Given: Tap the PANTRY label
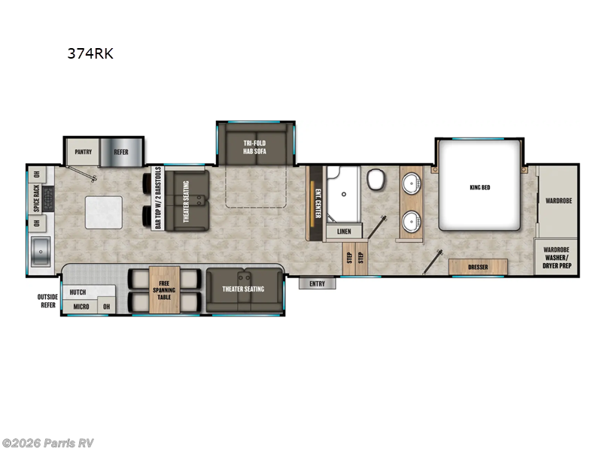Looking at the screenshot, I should [x=83, y=151].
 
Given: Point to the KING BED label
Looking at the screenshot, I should [x=479, y=187].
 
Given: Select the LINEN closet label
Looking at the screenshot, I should [x=344, y=232].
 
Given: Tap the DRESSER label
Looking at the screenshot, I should [x=478, y=266].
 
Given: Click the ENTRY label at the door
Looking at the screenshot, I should [x=317, y=283].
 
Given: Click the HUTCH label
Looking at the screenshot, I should [x=78, y=292].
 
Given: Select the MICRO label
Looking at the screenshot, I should [x=81, y=307].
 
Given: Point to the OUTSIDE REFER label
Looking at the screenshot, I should [x=47, y=301].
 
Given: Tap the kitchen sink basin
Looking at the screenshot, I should [x=39, y=250].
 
